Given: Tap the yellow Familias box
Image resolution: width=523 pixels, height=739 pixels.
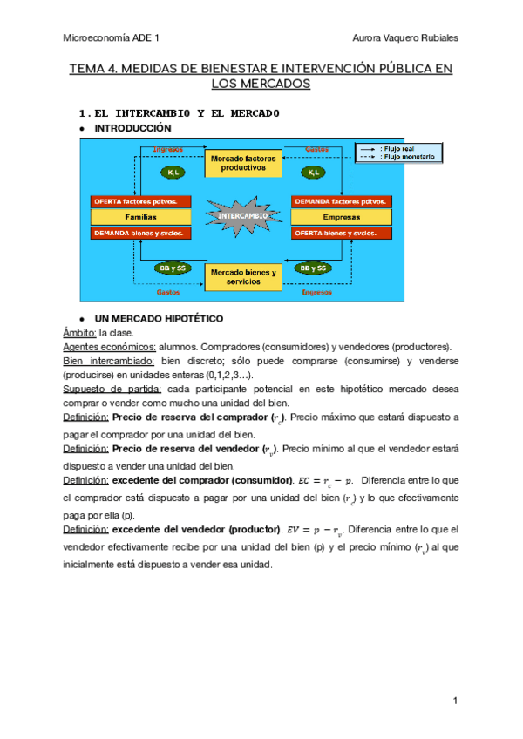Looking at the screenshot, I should tap(140, 217).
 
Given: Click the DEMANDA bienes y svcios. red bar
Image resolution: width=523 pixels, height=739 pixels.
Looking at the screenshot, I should tap(140, 233).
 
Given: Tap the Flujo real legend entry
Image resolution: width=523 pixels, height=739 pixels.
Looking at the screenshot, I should tap(402, 149).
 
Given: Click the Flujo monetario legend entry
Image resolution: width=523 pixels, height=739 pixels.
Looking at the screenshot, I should tap(402, 157).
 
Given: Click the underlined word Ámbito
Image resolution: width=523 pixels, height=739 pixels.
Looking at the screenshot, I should tap(79, 333).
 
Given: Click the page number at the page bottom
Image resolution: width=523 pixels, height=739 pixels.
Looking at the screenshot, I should tap(455, 702).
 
